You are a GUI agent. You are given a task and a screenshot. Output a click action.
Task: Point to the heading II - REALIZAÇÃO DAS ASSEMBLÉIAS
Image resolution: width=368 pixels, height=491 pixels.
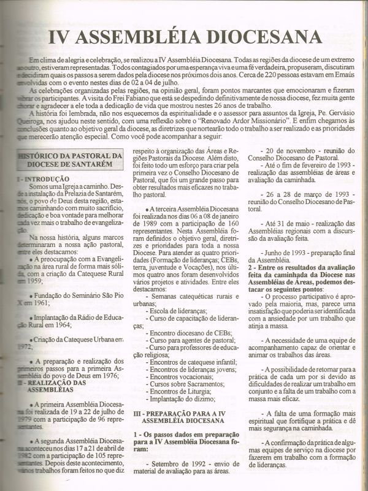(49, 386)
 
